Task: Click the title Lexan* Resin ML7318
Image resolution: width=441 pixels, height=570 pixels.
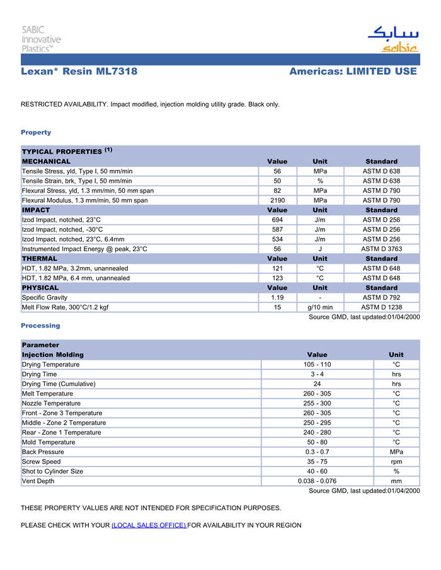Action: click(x=79, y=72)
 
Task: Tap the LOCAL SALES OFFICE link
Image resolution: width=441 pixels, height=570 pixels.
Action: click(x=149, y=525)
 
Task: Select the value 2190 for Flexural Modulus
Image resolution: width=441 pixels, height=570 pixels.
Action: click(x=277, y=200)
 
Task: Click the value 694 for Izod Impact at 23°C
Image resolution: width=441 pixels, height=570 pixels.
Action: click(x=277, y=220)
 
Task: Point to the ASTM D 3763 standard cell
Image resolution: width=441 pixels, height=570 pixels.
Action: click(x=381, y=249)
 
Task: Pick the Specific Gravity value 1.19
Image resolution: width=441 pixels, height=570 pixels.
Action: click(x=277, y=297)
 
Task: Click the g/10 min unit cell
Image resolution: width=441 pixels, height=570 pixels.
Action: click(x=320, y=307)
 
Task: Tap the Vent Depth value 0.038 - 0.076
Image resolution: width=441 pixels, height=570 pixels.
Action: click(x=317, y=481)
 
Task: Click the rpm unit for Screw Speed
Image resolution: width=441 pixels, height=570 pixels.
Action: click(x=396, y=462)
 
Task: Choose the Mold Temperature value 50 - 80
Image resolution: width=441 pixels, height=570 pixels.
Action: click(x=317, y=442)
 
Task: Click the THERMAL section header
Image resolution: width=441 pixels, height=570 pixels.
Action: click(x=40, y=259)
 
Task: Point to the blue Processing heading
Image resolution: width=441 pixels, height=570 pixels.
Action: click(x=40, y=326)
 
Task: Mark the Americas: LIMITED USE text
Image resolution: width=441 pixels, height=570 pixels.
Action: click(x=353, y=72)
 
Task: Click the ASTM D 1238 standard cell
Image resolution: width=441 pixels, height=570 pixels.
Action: click(x=381, y=307)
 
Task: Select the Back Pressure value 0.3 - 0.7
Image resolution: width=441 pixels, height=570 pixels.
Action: click(x=317, y=452)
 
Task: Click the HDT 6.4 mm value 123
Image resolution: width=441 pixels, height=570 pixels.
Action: click(x=277, y=278)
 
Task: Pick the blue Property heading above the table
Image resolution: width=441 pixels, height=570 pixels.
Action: click(x=36, y=132)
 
